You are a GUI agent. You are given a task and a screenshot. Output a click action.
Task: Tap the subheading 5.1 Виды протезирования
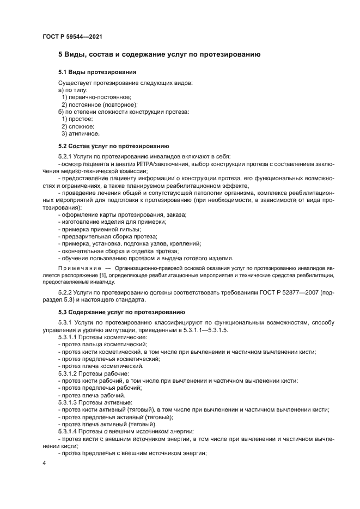pos(97,72)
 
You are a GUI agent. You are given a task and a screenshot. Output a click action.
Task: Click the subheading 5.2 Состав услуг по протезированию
pos(114,146)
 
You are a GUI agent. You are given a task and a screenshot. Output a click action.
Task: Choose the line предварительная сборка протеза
pos(109,236)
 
